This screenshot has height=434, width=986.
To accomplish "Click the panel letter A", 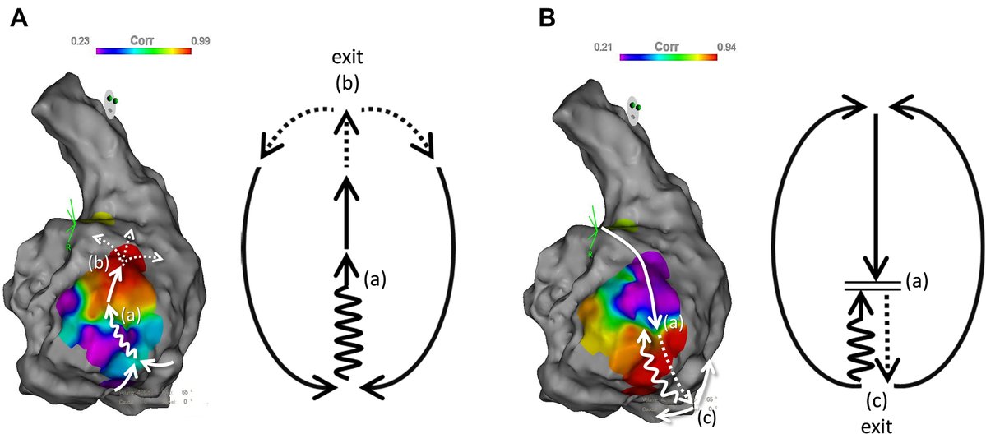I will click(19, 18).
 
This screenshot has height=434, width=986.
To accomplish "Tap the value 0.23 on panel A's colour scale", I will click(79, 39).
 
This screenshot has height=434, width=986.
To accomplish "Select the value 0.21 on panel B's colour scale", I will click(604, 47).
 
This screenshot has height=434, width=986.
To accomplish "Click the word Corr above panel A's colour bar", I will click(142, 39).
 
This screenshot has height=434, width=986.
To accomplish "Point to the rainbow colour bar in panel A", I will click(143, 51).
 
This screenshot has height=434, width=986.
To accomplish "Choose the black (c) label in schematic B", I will click(877, 402).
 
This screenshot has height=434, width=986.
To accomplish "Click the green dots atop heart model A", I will click(113, 100).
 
